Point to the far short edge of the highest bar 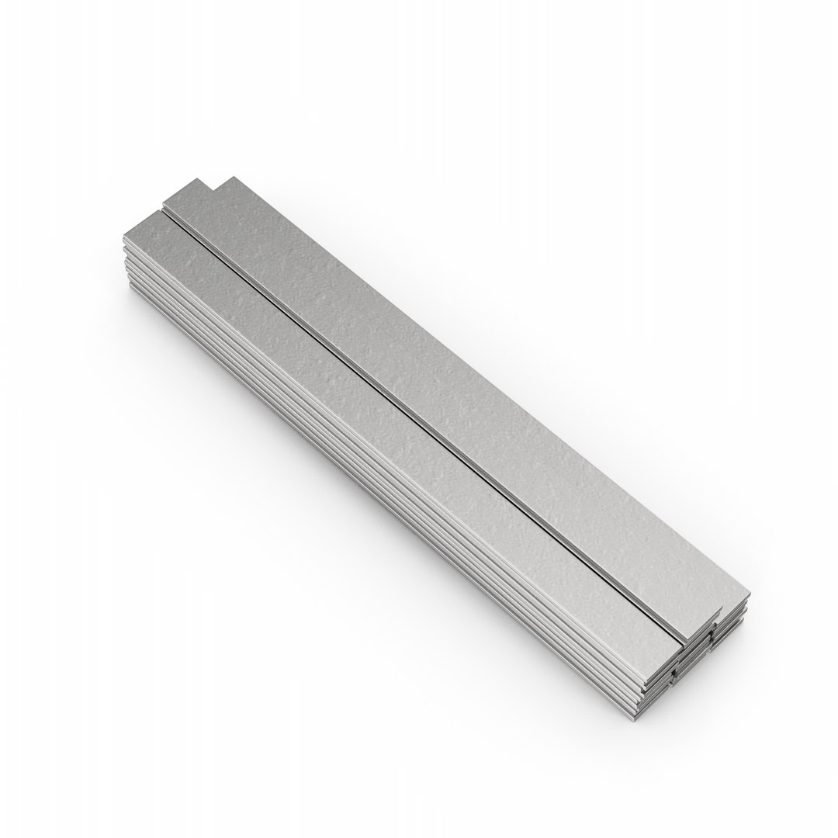(219, 183)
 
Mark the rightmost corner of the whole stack (750, 597)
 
